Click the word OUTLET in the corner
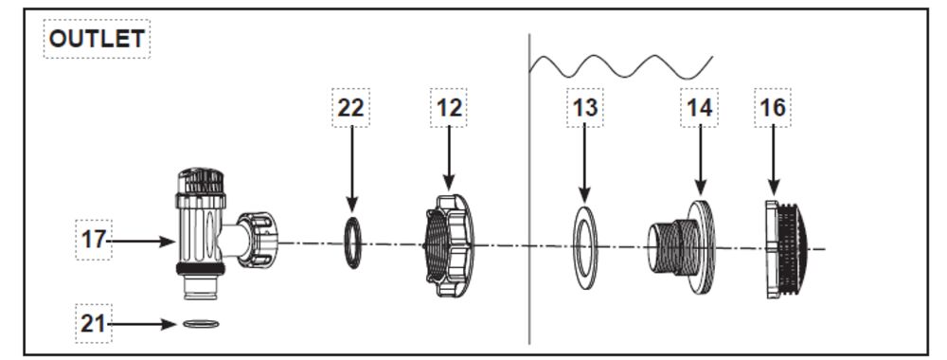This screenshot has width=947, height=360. pos(97,39)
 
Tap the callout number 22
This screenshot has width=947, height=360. pos(351,108)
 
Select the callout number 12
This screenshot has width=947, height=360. pos(449,108)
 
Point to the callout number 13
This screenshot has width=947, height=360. pos(584,108)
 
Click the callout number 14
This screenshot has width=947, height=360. pos(700,108)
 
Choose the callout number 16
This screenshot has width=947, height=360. pos(773,108)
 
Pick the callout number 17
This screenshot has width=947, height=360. pos(94,241)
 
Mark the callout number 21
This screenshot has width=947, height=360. pos(93,324)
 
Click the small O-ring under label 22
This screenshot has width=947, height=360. pos(353,243)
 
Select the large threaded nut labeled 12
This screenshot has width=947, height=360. pos(450,245)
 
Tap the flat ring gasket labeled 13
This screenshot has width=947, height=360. pos(584,247)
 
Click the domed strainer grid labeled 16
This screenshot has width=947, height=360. pos(785,248)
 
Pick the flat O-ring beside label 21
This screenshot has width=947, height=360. pos(201,324)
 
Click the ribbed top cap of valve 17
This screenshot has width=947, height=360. pos(201,181)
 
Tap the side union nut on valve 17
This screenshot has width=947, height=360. pos(258,240)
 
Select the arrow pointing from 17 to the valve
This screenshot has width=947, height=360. pos(141,242)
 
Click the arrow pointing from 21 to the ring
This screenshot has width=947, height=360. pos(142,324)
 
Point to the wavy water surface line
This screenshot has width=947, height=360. pos(621,67)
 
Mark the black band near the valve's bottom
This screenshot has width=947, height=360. pos(201,269)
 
